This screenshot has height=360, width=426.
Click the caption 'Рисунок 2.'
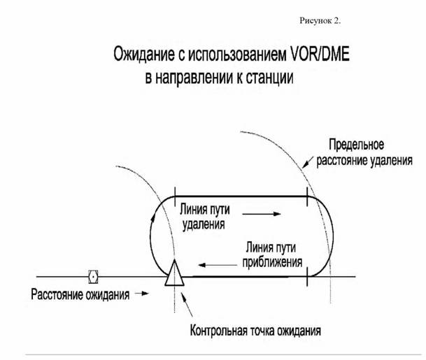320,21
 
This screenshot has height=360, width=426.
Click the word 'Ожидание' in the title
144,55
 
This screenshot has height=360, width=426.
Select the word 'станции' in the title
269,78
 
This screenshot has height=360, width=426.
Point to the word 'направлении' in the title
194,78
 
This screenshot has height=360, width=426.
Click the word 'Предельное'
357,145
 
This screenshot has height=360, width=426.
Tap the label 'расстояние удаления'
364,161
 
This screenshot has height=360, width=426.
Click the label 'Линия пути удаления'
205,217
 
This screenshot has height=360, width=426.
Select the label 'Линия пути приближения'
272,254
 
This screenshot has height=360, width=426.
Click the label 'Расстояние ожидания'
80,295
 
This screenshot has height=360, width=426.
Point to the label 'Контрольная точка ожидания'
255,331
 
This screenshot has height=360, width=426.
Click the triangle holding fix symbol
174,273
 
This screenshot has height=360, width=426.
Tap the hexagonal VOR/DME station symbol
93,277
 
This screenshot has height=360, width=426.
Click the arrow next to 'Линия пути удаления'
262,214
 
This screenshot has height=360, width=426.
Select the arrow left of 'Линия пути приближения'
218,265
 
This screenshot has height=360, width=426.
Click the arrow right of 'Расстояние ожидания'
142,293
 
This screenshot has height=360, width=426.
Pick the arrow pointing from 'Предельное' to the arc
308,161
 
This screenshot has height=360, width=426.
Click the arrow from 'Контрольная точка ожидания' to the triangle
187,305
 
